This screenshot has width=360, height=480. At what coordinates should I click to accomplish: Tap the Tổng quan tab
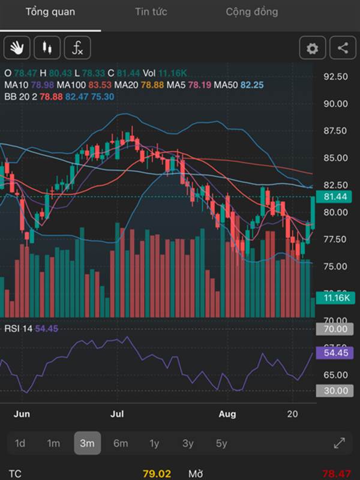point(50,12)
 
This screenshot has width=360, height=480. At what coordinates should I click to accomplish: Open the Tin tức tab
point(151,12)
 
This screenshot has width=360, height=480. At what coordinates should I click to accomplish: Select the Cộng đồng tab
point(252,12)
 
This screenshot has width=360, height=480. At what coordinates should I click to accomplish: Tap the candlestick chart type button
point(47,48)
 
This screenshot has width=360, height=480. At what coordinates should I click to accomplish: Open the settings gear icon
point(313,49)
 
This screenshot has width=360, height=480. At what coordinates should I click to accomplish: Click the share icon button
point(343,49)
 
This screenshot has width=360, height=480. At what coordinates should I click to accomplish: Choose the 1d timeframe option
point(20,443)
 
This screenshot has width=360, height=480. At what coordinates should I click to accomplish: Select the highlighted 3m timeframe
point(87,443)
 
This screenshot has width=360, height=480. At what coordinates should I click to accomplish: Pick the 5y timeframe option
point(221,443)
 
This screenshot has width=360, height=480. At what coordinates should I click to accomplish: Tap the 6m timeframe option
point(121,443)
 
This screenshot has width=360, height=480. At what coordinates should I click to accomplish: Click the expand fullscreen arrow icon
point(339,443)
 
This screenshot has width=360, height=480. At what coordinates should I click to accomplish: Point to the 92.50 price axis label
point(335,77)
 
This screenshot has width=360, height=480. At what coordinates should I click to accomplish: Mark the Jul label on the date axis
point(118,414)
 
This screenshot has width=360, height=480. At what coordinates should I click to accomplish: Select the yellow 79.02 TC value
point(157,474)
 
